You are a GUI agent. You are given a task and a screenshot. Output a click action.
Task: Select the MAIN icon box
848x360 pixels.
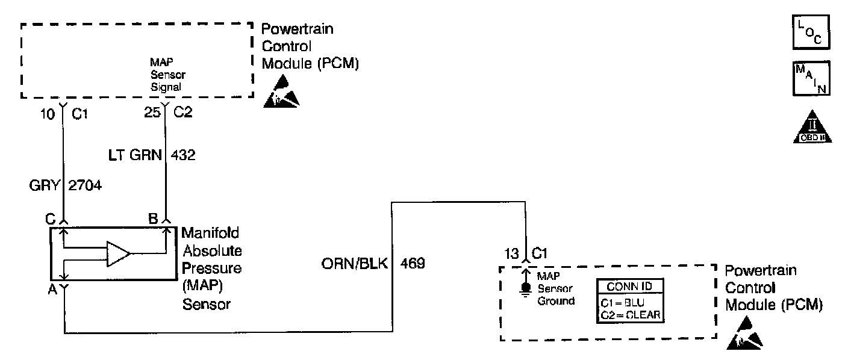(x=809, y=79)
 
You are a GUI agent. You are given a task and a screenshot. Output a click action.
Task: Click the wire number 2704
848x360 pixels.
(x=86, y=187)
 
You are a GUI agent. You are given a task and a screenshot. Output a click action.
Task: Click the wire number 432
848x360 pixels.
(x=183, y=155)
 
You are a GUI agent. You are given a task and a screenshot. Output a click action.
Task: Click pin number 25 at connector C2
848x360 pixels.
(x=151, y=113)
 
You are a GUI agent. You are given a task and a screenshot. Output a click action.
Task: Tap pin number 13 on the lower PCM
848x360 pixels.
(x=511, y=253)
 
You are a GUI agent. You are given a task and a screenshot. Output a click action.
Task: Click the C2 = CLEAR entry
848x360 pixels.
(x=630, y=314)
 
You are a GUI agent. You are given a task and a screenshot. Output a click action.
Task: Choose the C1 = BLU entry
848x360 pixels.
(x=623, y=302)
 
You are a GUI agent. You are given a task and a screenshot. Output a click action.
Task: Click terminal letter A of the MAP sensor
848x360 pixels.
(x=53, y=289)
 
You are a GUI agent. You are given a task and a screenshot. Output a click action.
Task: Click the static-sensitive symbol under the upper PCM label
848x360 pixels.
(x=281, y=93)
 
